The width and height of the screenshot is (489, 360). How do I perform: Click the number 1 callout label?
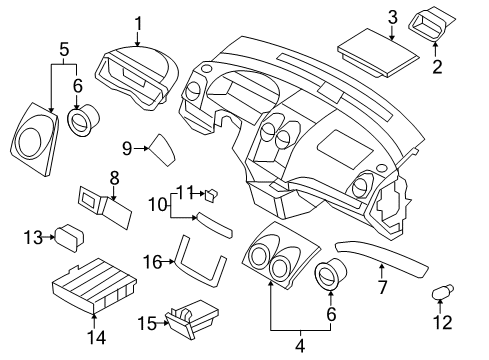coord(139,22)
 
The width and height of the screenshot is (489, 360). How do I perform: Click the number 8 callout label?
coord(114,178)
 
